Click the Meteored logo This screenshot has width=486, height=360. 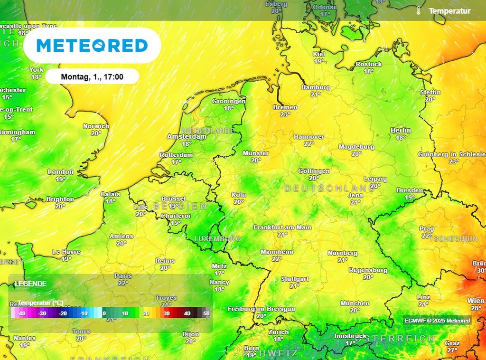click(92, 46)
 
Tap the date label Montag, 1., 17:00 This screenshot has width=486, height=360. click(93, 76)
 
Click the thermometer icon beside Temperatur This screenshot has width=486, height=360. click(419, 10)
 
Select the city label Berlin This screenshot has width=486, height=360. click(401, 130)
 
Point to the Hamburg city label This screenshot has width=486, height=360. click(316, 87)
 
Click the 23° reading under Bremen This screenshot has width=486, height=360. click(285, 114)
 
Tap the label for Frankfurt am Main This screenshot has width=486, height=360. click(282, 227)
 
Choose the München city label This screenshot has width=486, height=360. click(355, 303)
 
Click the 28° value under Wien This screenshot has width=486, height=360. click(476, 308)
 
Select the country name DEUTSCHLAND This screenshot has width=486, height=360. click(330, 189)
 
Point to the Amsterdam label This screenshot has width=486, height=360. click(187, 136)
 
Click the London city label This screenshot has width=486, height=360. click(61, 171)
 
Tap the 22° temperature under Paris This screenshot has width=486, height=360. click(123, 283)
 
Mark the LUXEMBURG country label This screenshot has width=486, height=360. click(218, 238)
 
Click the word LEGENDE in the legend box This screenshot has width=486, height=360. click(30, 284)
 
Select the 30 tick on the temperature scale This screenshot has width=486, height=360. click(167, 313)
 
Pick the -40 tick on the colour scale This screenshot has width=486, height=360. click(21, 313)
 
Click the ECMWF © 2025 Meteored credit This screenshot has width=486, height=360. click(437, 321)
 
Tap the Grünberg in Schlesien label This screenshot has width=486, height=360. click(452, 154)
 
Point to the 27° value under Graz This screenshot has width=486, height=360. click(452, 351)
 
